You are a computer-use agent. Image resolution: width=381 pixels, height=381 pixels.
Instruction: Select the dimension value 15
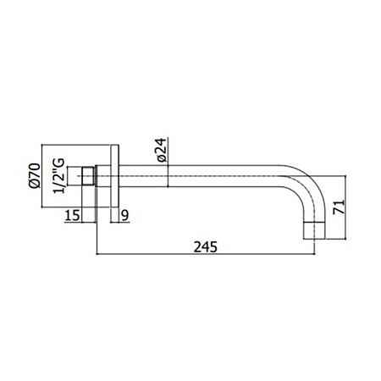point(74,216)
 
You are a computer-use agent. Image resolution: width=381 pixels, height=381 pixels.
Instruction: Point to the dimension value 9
point(125,216)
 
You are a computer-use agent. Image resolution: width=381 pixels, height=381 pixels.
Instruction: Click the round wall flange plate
point(112,179)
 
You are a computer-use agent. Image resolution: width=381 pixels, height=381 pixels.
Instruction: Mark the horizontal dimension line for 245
point(254,253)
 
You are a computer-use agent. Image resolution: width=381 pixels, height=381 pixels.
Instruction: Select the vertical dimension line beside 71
point(345,203)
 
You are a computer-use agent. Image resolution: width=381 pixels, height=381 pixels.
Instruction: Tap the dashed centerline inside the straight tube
point(220,179)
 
